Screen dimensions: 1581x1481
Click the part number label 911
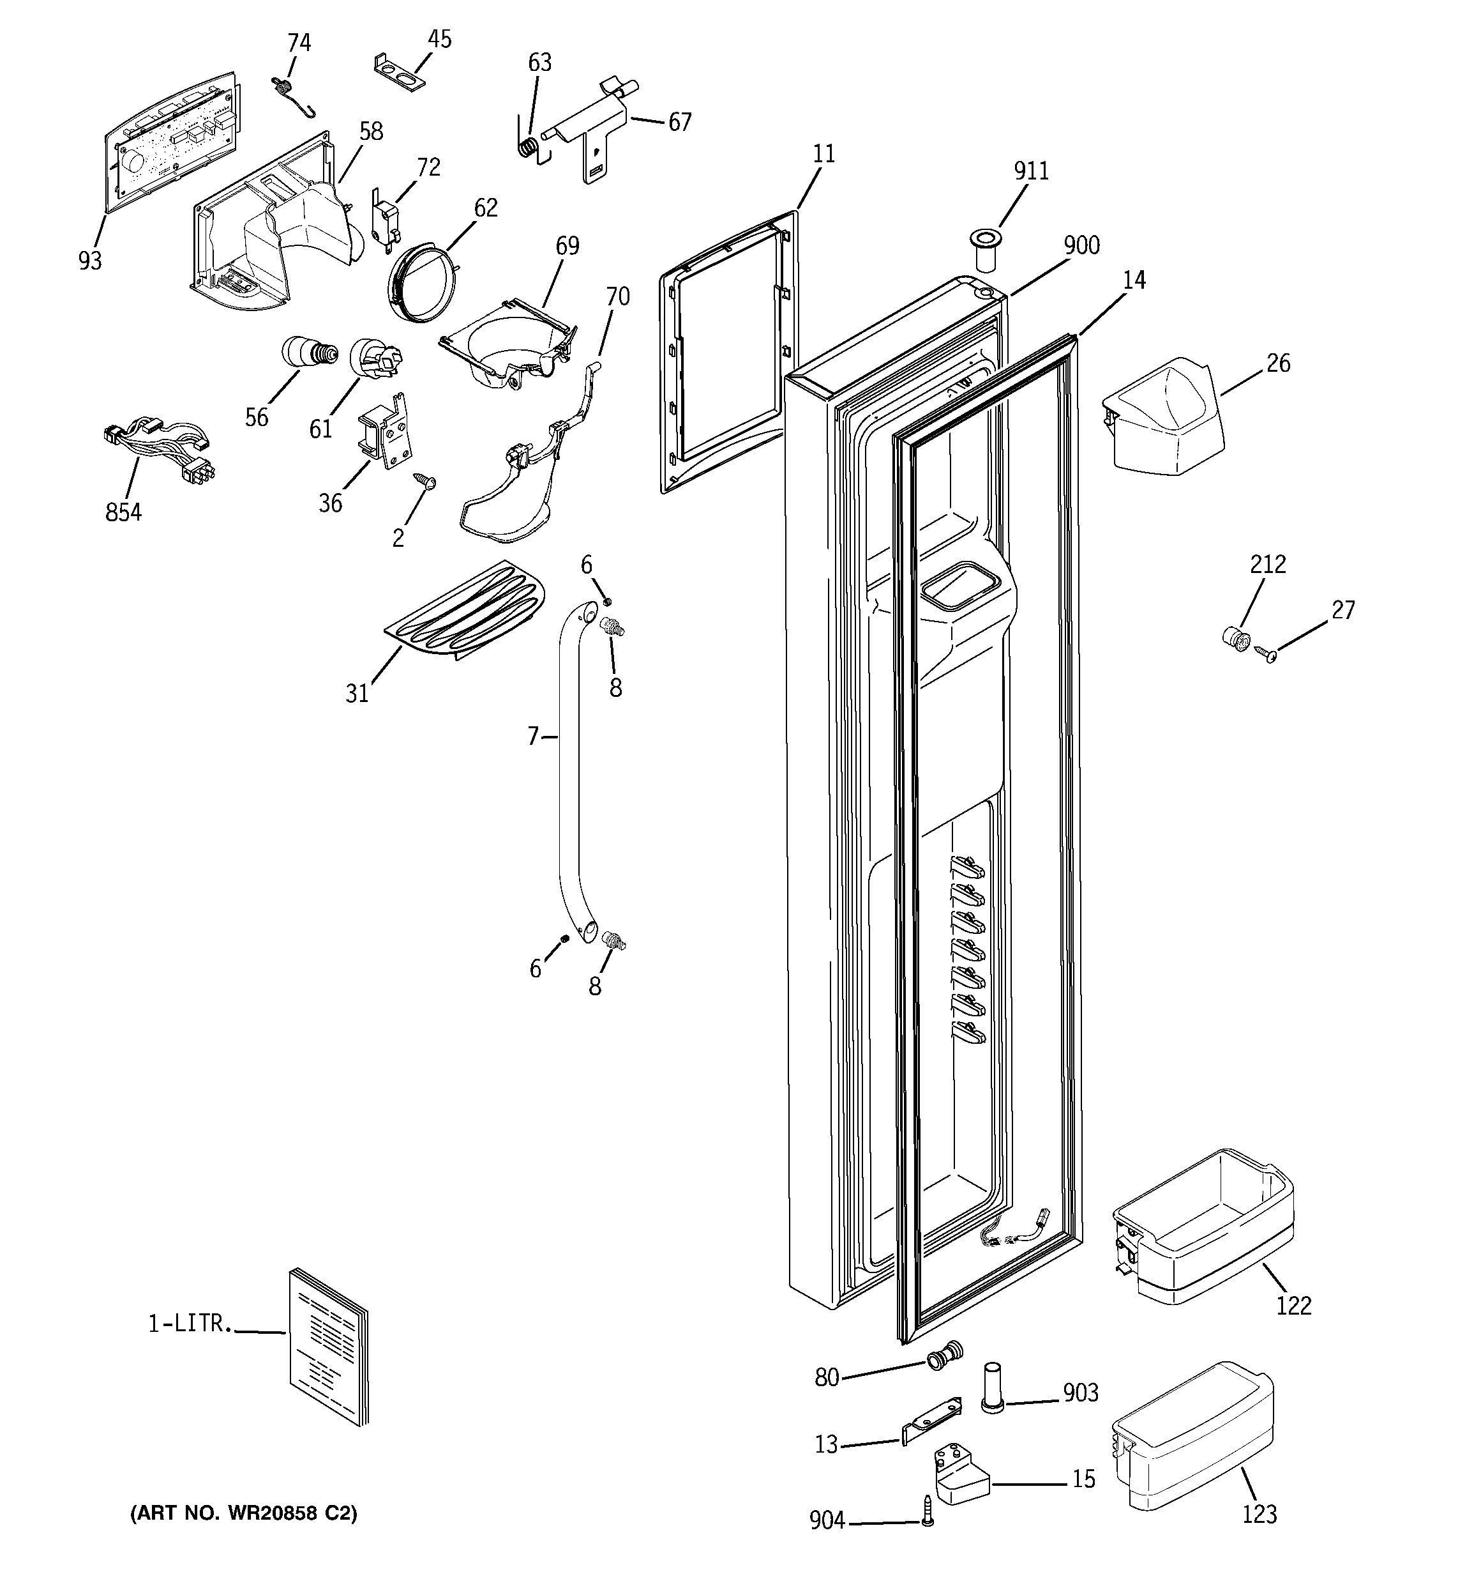click(x=1031, y=171)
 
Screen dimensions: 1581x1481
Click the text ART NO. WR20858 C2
click(x=243, y=1513)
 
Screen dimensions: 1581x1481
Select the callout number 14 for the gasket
click(x=1134, y=280)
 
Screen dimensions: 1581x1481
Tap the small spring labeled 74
click(x=289, y=94)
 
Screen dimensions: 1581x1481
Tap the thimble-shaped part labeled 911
click(x=985, y=247)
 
